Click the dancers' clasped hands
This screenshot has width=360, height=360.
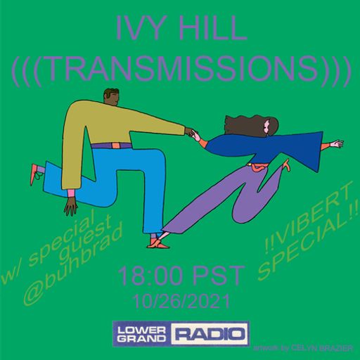coord(192,131)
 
